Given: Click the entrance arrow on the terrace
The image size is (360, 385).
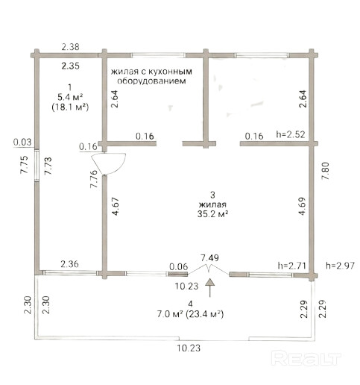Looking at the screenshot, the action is (210, 288).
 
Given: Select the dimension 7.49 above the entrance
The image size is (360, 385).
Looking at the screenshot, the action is (210, 258).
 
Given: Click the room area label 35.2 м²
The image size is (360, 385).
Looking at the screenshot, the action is (212, 214).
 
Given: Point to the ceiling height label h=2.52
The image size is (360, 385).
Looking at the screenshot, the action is (291, 134).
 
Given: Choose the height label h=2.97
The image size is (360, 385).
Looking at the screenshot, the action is (340, 266).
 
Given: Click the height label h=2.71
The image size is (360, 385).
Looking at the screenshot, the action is (291, 266).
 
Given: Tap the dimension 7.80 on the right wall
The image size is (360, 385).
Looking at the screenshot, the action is (325, 171).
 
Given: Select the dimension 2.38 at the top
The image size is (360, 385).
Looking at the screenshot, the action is (71, 47).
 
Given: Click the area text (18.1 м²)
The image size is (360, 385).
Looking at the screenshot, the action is (70, 107).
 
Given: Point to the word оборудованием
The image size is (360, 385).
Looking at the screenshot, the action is (151, 81).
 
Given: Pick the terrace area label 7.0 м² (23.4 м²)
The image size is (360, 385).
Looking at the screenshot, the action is (190, 314).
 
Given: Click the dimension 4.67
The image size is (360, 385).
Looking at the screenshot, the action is (116, 206).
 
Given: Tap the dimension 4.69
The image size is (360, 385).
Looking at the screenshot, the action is (303, 206).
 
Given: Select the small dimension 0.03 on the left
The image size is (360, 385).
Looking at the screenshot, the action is (22, 143).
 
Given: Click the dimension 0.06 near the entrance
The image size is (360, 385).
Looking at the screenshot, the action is (179, 267).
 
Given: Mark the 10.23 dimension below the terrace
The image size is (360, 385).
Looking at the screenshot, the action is (189, 348).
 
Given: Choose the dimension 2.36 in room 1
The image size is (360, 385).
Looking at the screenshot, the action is (70, 264).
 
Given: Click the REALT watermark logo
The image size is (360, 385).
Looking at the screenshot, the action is (306, 358).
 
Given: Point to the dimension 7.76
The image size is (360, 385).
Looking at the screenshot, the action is (94, 179).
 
